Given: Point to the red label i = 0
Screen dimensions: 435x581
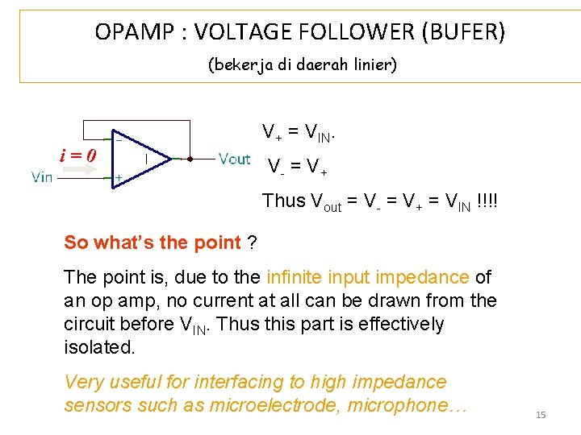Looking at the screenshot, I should (x=78, y=155).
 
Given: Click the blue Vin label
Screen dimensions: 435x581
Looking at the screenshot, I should (x=42, y=176).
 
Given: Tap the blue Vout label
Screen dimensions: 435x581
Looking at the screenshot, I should (x=235, y=159).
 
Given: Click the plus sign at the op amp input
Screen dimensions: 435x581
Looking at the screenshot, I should (x=119, y=176).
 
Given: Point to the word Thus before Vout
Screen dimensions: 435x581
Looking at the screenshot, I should (x=284, y=201).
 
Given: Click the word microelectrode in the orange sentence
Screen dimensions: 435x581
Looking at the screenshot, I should (x=274, y=405).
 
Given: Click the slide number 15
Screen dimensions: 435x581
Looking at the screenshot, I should (x=541, y=414).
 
